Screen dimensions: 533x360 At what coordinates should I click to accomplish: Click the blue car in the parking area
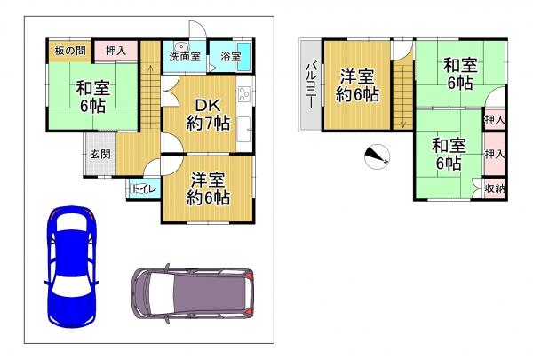click(x=71, y=267)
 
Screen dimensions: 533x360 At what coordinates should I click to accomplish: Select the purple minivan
click(x=193, y=293)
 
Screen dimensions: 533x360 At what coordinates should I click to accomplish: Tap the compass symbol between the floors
click(x=377, y=156)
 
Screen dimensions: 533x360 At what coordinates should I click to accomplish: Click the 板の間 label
click(x=70, y=51)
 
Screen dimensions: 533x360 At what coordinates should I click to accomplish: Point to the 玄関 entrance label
click(x=100, y=154)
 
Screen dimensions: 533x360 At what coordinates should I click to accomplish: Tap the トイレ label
click(x=144, y=188)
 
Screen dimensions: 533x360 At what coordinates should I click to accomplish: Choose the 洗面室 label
click(x=185, y=57)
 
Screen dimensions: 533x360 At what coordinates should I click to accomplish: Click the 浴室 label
click(x=230, y=57)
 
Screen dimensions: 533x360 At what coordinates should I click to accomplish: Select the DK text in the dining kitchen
click(x=207, y=106)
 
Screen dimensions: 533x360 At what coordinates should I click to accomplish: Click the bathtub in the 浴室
click(x=243, y=57)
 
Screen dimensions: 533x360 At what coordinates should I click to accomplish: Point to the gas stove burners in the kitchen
click(x=245, y=94)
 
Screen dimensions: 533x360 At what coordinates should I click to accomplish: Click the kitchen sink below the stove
click(x=243, y=130)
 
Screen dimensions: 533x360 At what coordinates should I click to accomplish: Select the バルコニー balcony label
click(x=311, y=85)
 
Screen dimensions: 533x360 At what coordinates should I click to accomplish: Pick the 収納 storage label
click(x=495, y=188)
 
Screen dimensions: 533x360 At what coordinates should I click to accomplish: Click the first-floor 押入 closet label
click(x=115, y=51)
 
